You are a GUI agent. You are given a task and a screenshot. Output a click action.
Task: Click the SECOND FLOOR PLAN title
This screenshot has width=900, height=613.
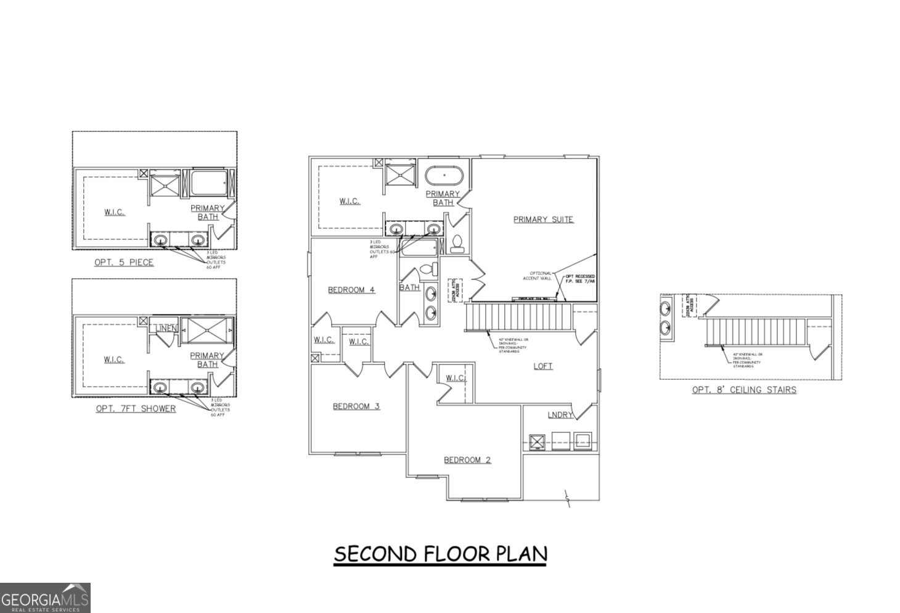tap(440, 554)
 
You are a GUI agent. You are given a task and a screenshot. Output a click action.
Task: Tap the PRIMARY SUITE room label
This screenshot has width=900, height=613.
tap(543, 220)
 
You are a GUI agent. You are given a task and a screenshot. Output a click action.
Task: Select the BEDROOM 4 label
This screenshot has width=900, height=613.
tap(351, 290)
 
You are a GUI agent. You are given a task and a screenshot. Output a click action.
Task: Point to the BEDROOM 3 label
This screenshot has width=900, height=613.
tap(356, 406)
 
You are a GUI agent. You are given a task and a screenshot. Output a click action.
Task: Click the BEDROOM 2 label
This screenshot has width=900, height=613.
tap(467, 460)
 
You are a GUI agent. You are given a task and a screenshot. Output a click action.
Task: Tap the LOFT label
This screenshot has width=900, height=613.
tap(542, 366)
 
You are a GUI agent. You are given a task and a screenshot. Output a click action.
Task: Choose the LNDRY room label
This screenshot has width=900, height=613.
tap(560, 415)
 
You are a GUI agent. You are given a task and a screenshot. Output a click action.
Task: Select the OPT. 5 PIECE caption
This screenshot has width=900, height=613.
tap(123, 263)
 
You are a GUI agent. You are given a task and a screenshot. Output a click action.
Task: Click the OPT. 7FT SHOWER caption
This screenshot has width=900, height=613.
tap(136, 409)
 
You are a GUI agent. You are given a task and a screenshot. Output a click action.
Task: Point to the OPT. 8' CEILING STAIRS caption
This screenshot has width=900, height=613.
tap(743, 390)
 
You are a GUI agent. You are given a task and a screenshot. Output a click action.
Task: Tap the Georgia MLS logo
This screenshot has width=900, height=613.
tap(45, 598)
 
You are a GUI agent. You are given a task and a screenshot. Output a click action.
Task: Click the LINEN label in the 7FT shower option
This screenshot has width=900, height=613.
tap(166, 328)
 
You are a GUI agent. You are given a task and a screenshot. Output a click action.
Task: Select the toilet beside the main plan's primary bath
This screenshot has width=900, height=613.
tap(457, 244)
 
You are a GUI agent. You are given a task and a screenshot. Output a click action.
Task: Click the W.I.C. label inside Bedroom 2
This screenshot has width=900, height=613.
tap(455, 378)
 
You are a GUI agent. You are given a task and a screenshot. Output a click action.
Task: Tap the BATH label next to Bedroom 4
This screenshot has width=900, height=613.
tap(409, 287)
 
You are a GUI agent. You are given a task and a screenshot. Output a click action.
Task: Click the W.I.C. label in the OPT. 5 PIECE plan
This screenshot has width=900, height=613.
tap(114, 212)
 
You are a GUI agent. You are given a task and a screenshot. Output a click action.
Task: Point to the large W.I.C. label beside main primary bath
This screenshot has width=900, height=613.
tap(350, 201)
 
